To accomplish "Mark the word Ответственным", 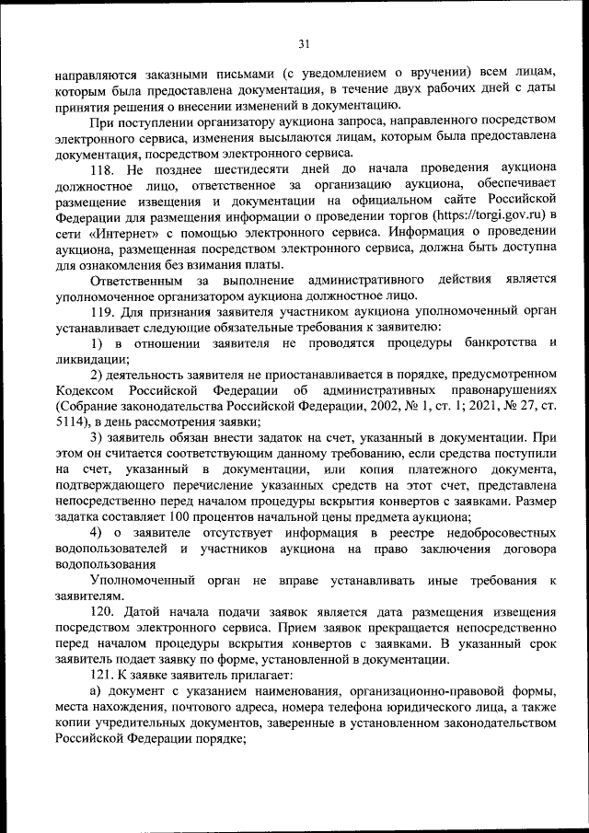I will (136, 280).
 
